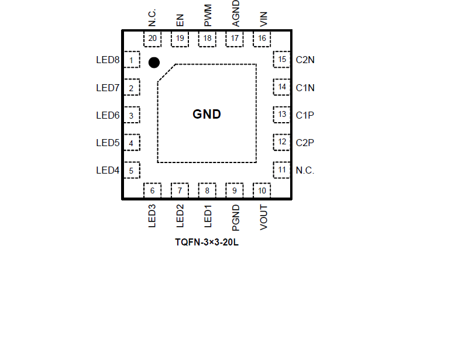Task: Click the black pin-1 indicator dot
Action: point(154,63)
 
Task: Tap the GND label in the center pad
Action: point(207,115)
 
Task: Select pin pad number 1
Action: point(132,60)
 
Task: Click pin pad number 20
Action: point(152,39)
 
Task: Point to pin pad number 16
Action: point(261,39)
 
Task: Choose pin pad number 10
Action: point(261,191)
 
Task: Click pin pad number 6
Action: point(152,191)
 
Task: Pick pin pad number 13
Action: point(282,115)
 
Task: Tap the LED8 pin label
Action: point(108,60)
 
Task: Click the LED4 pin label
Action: point(108,171)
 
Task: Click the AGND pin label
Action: point(236,13)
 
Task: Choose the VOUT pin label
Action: point(263,217)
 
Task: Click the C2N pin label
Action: point(305,60)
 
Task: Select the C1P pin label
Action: point(305,115)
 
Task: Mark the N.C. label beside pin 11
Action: point(305,171)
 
